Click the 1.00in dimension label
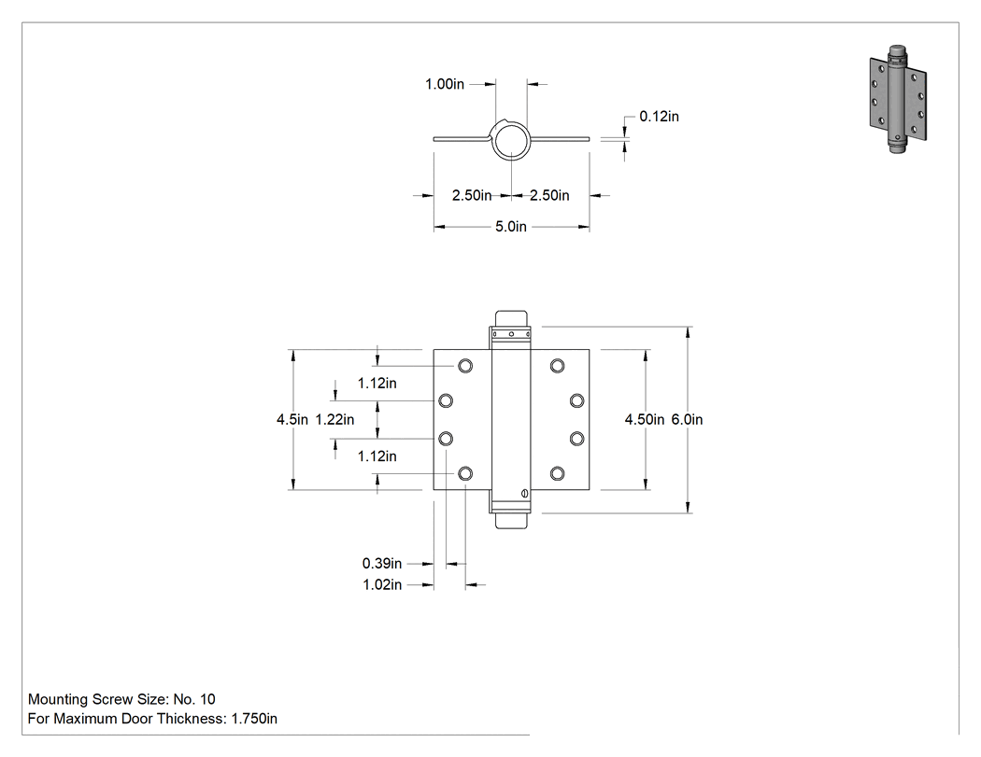tap(445, 84)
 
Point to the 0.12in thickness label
tap(659, 117)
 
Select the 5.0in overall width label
tap(511, 226)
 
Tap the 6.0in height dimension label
tap(687, 419)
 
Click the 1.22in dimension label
tap(334, 419)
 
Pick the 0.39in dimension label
tap(381, 563)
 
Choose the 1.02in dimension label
tap(381, 584)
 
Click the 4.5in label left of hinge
tap(292, 419)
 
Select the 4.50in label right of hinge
tap(645, 419)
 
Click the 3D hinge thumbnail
tap(898, 99)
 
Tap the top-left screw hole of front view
tap(465, 366)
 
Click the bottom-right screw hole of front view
tap(558, 473)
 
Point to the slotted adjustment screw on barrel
tap(524, 493)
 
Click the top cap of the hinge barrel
tap(511, 319)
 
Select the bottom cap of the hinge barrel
tap(511, 521)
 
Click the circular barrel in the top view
tap(511, 123)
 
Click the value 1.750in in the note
tap(254, 719)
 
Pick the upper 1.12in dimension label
tap(377, 384)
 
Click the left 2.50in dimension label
tap(472, 196)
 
